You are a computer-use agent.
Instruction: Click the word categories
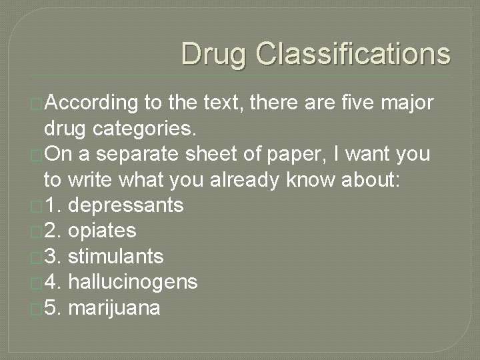pos(128,129)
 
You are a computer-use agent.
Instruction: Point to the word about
pos(369,179)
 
